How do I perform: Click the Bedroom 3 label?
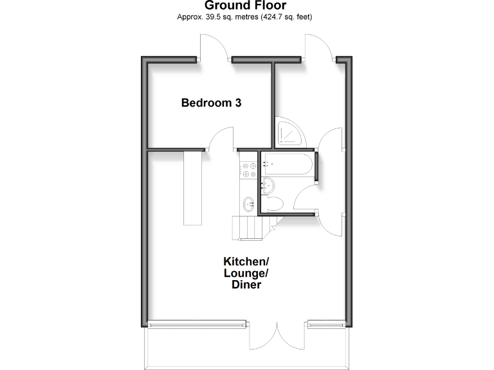pyautogui.click(x=211, y=102)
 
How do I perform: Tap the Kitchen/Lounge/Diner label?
pyautogui.click(x=246, y=272)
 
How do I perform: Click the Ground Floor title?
pyautogui.click(x=245, y=6)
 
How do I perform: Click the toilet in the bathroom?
pyautogui.click(x=272, y=205)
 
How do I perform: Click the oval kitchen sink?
pyautogui.click(x=248, y=204)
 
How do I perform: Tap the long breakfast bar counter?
pyautogui.click(x=192, y=188)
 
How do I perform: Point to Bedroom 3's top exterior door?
pyautogui.click(x=214, y=49)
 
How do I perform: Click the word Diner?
pyautogui.click(x=246, y=285)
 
